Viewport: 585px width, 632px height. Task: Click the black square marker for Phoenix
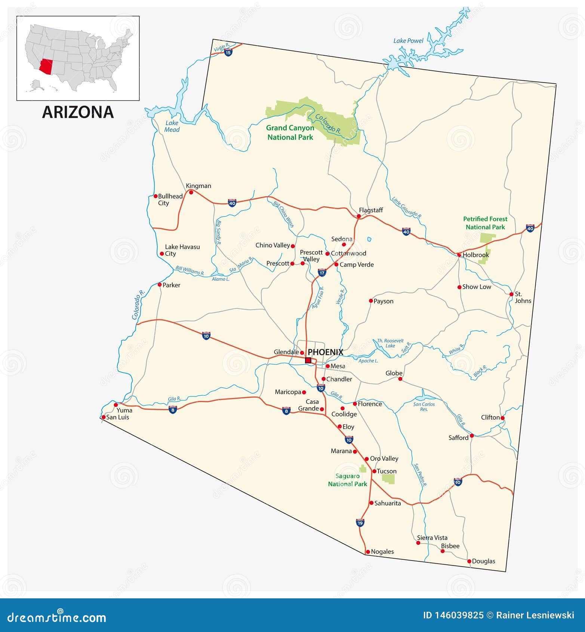click(x=308, y=360)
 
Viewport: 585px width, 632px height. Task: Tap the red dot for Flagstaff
click(x=359, y=216)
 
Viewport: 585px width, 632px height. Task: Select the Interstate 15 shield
click(x=228, y=53)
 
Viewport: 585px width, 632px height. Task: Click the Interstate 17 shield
click(x=322, y=273)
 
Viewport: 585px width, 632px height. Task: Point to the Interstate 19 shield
click(x=360, y=522)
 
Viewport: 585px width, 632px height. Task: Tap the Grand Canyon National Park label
click(x=290, y=132)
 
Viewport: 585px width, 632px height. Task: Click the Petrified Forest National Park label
click(x=485, y=223)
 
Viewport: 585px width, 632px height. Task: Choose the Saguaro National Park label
click(x=348, y=480)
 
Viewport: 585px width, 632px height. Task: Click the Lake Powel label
click(x=408, y=41)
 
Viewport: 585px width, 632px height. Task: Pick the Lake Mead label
click(x=172, y=126)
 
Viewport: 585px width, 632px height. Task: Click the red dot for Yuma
click(x=116, y=405)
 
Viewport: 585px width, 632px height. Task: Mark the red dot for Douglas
click(x=469, y=561)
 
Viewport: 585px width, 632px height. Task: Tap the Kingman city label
click(x=198, y=186)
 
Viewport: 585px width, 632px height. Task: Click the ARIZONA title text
click(x=78, y=112)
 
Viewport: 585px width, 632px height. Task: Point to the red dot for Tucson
click(x=374, y=471)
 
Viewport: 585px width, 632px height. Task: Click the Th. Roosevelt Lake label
click(x=390, y=343)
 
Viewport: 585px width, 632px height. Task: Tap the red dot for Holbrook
click(x=459, y=255)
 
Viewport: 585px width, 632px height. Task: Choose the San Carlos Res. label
click(x=424, y=406)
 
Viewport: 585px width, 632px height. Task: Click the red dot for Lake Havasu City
click(x=162, y=254)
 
